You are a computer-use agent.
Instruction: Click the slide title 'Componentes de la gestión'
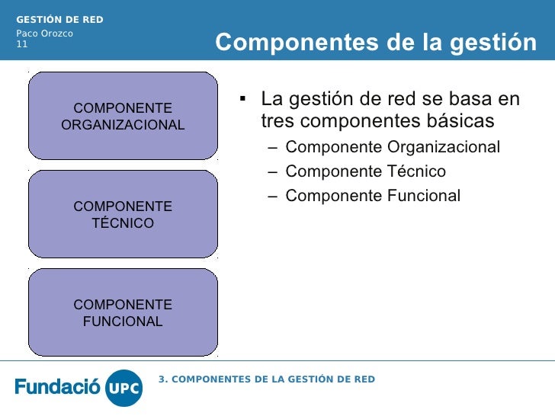pos(376,43)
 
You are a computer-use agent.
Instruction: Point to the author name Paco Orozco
pos(45,33)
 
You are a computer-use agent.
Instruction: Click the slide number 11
pos(22,44)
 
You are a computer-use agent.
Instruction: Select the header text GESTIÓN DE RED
pos(60,19)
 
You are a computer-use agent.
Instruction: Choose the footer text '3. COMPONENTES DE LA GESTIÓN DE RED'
pos(267,379)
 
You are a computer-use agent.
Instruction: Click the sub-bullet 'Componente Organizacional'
pos(393,147)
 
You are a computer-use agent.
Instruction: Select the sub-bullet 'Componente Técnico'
pos(365,171)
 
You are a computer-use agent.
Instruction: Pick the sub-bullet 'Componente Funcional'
pos(373,196)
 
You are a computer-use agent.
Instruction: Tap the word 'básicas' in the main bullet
pos(460,121)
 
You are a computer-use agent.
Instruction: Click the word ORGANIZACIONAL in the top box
pos(123,125)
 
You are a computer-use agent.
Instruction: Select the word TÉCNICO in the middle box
pos(123,223)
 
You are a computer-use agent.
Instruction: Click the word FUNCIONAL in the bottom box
pos(123,322)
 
